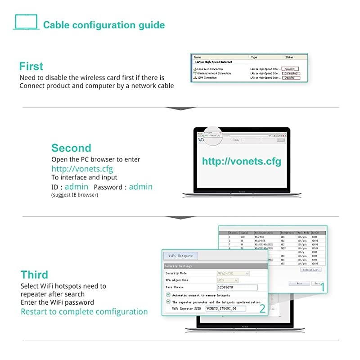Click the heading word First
pyautogui.click(x=31, y=66)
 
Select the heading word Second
pyautogui.click(x=71, y=148)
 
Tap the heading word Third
pyautogui.click(x=34, y=274)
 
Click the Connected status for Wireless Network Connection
pyautogui.click(x=291, y=73)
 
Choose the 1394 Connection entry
pyautogui.click(x=206, y=78)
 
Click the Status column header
pyautogui.click(x=289, y=58)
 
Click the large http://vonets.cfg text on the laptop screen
pyautogui.click(x=241, y=162)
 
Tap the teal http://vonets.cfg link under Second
pyautogui.click(x=82, y=169)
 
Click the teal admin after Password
pyautogui.click(x=140, y=187)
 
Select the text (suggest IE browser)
pyautogui.click(x=75, y=195)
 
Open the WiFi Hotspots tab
pyautogui.click(x=180, y=256)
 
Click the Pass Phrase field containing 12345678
pyautogui.click(x=237, y=287)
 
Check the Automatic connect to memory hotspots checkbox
pyautogui.click(x=168, y=295)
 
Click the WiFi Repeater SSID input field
pyautogui.click(x=225, y=309)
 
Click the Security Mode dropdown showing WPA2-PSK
pyautogui.click(x=233, y=273)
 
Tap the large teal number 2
pyautogui.click(x=261, y=308)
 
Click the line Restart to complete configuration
pyautogui.click(x=84, y=311)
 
